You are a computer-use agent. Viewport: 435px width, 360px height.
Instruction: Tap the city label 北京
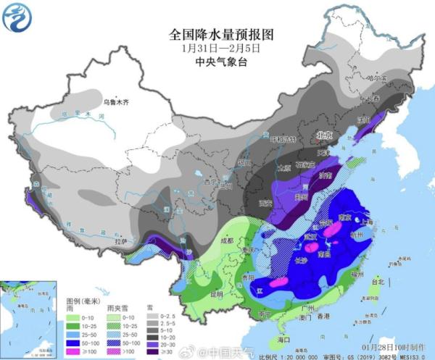(323, 135)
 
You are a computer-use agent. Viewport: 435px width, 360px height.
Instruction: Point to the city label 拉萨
(124, 241)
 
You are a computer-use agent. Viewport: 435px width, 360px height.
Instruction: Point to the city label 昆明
(216, 295)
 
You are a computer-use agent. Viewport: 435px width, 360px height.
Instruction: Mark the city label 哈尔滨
(376, 78)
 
